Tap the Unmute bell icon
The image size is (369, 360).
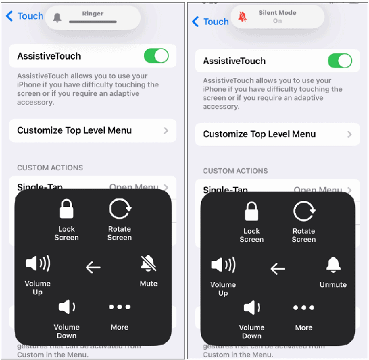[333, 265]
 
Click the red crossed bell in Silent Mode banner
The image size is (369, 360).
[242, 17]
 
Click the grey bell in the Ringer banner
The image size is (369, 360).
[57, 17]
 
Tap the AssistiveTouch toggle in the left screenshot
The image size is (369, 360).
[156, 56]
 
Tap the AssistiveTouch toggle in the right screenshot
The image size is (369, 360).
[339, 61]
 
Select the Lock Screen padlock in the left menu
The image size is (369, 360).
[66, 210]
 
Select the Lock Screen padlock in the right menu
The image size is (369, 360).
[251, 212]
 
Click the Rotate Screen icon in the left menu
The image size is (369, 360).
[119, 210]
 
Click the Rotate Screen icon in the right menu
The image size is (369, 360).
[304, 212]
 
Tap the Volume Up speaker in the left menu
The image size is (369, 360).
[38, 264]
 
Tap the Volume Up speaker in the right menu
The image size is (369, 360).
[223, 265]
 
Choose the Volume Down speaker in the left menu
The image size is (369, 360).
[66, 307]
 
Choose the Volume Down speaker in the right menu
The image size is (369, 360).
[251, 308]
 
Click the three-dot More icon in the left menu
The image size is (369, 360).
[119, 307]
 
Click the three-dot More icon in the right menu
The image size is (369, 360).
[304, 308]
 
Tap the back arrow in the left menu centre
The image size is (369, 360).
[93, 267]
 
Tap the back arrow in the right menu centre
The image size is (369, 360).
[277, 268]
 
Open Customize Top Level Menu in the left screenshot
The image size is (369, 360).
[92, 130]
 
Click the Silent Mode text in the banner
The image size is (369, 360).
[277, 12]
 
